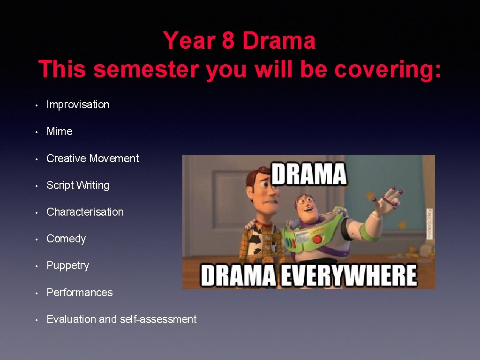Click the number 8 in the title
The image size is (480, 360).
click(228, 41)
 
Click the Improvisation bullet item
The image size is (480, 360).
click(78, 105)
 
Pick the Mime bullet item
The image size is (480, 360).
click(60, 131)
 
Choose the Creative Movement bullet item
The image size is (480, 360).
click(93, 158)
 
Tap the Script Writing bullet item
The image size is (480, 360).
click(78, 185)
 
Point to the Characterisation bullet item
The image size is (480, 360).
click(85, 212)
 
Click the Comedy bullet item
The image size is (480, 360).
click(66, 239)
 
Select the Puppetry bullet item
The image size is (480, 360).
click(67, 265)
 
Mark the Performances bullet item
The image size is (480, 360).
click(80, 292)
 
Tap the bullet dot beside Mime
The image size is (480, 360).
click(37, 132)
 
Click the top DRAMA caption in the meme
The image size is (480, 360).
click(309, 174)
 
